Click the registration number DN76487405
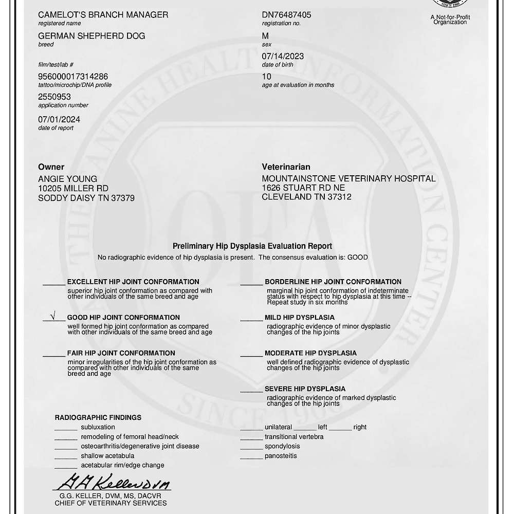click(286, 15)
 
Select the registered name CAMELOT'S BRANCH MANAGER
click(103, 15)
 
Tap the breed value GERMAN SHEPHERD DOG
click(91, 36)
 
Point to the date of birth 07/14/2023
click(283, 57)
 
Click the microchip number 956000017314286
click(73, 77)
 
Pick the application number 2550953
click(54, 97)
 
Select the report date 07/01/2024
click(59, 119)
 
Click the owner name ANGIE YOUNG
click(67, 179)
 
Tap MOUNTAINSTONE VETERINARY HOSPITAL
click(348, 178)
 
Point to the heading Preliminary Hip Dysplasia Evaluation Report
click(252, 246)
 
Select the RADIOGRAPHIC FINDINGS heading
click(98, 417)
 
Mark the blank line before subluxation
click(66, 428)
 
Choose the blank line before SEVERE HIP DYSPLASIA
click(251, 390)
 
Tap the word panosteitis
click(281, 456)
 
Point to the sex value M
click(265, 36)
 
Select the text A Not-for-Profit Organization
click(450, 20)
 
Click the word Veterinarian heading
click(286, 167)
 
